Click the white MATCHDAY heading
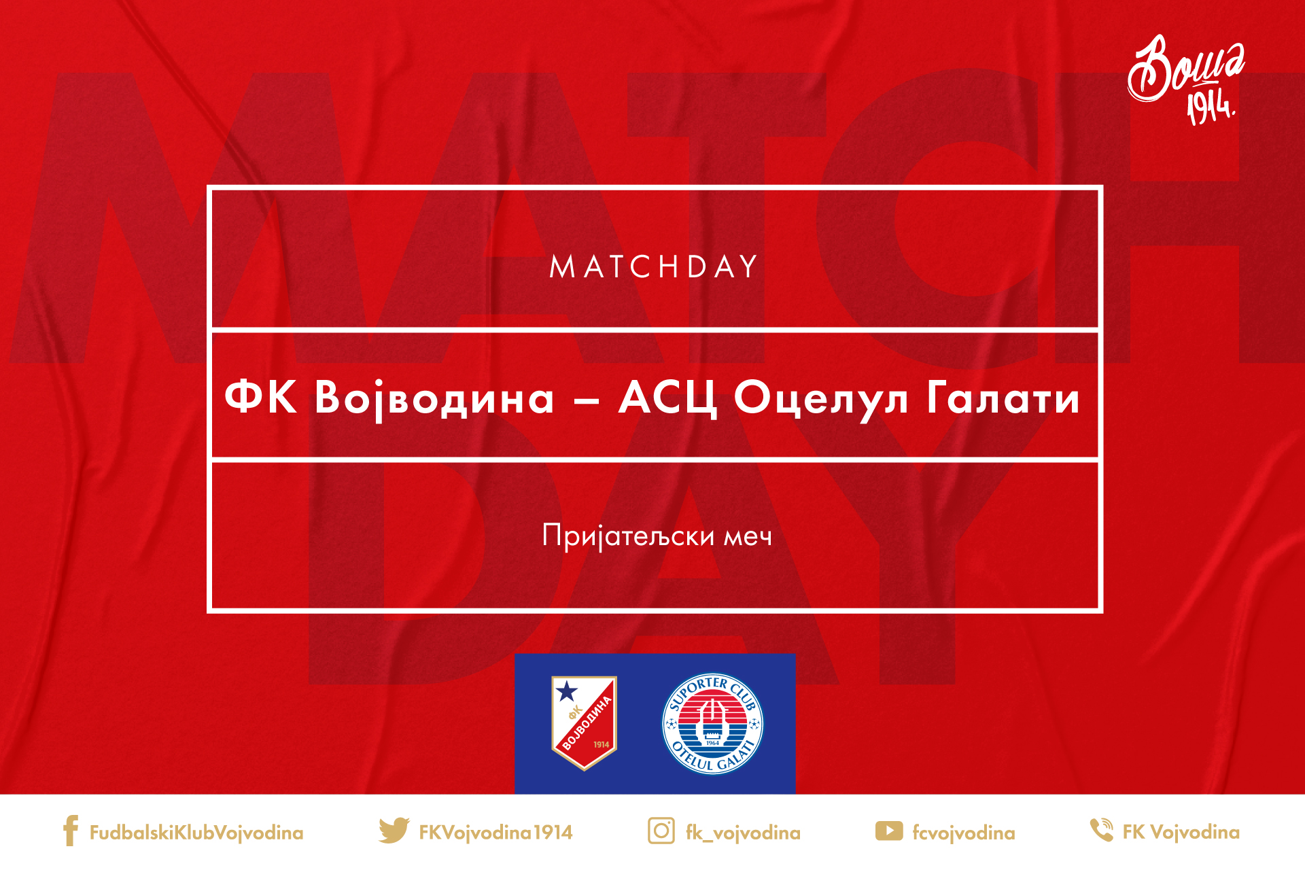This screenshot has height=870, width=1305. coord(653,266)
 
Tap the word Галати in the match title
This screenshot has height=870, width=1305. coord(1003,398)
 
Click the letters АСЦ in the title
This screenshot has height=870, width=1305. coord(668,399)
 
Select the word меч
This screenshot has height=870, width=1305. coord(748,538)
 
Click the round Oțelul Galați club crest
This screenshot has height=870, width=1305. coord(712,724)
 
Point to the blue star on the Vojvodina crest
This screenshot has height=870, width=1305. coord(566,692)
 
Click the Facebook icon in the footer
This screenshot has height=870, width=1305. coord(70,831)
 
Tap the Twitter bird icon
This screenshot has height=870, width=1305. coord(394,831)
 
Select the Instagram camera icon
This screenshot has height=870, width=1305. coord(661,831)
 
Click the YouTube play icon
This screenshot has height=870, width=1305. coord(889,831)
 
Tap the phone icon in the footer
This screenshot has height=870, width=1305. coord(1101,830)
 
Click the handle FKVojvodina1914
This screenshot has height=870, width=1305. coord(495,832)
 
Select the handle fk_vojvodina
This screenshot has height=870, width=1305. coord(743,833)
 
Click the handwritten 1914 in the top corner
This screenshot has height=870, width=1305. coord(1211,106)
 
